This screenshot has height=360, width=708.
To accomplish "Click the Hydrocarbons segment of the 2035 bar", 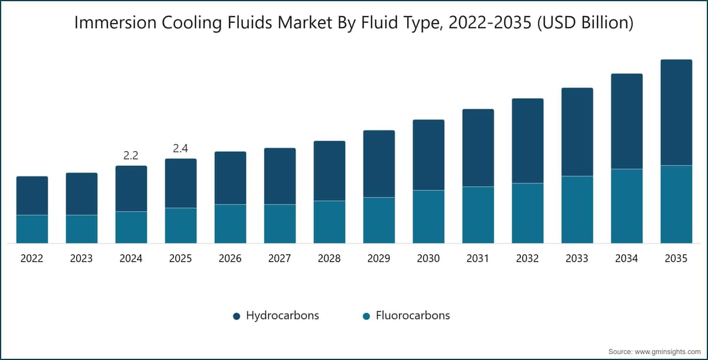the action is [x=676, y=113].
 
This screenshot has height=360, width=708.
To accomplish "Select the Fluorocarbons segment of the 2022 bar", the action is [x=32, y=229].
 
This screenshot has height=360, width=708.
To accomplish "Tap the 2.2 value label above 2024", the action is [x=131, y=155].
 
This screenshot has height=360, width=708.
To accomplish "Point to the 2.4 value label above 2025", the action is [x=181, y=148].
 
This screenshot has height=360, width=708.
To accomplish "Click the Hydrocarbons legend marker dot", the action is [x=237, y=316].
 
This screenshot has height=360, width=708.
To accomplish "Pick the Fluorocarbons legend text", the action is [x=413, y=315].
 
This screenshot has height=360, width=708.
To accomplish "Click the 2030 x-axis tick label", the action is [x=428, y=258].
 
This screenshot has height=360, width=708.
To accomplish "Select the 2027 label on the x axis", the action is [x=280, y=258].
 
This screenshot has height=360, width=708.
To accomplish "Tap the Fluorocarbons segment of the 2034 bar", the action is [x=627, y=206].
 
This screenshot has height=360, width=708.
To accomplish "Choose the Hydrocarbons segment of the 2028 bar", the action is [x=329, y=171].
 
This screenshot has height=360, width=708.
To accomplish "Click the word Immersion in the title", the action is [x=116, y=23].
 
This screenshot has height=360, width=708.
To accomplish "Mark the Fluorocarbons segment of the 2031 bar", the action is [x=478, y=215].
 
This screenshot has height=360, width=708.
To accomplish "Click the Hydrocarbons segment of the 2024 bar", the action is [x=131, y=189].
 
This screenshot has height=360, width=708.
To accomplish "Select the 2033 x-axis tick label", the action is [x=577, y=258].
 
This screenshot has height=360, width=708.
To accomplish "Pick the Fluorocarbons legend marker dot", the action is [x=366, y=316].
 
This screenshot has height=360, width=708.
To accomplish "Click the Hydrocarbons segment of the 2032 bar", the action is [x=527, y=141].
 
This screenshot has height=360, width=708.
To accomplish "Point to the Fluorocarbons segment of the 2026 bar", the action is [x=231, y=224].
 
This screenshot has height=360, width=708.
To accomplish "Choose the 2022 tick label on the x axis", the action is [x=32, y=258].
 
